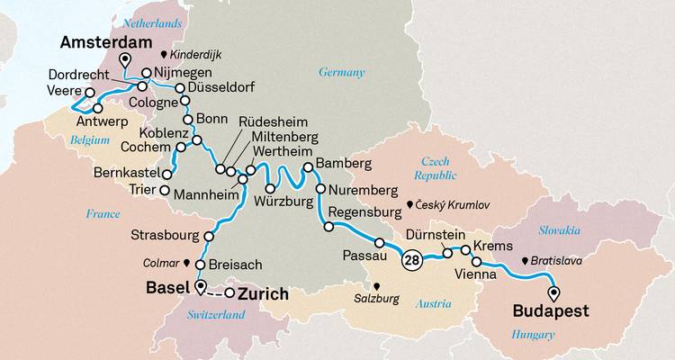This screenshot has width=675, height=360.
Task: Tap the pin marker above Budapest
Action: point(553,292)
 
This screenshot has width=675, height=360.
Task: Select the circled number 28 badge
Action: point(411,261)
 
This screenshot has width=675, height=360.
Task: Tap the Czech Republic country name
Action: point(430,166)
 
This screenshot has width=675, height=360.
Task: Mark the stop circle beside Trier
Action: point(164,191)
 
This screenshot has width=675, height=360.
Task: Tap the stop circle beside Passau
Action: point(380,242)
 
